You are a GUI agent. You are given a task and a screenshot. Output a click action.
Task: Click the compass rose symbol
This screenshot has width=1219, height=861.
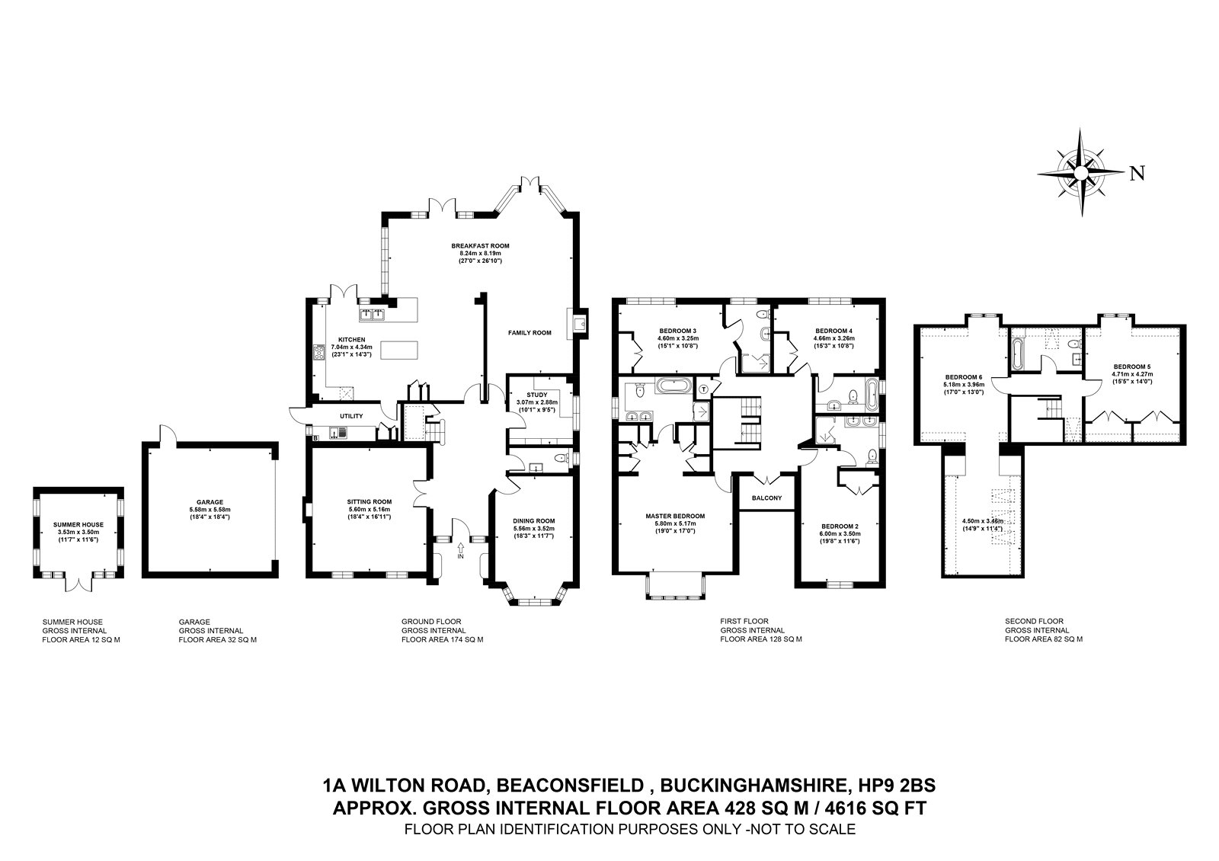[x=1081, y=173]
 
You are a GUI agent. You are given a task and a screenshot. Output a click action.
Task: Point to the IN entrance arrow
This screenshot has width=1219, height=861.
[x=460, y=549]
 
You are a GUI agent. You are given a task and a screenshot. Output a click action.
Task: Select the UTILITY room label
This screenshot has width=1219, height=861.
[x=351, y=416]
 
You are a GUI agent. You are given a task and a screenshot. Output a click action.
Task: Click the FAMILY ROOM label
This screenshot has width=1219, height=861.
[x=530, y=333]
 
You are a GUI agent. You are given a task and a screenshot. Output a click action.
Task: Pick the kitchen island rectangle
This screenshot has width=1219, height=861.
[x=399, y=350]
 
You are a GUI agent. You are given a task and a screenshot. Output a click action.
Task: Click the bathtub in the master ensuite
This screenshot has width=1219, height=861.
[x=673, y=386]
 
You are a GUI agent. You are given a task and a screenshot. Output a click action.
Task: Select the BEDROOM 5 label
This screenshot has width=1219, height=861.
[x=1131, y=366]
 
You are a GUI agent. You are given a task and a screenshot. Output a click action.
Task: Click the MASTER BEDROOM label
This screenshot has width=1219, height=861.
[x=674, y=516]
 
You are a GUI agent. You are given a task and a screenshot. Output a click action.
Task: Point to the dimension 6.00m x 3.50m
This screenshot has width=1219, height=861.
[x=840, y=534]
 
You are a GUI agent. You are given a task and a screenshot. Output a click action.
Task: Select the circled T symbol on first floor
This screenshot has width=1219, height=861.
[x=703, y=389]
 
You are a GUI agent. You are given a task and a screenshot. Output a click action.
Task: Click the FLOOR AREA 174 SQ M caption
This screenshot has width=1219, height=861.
[x=442, y=640]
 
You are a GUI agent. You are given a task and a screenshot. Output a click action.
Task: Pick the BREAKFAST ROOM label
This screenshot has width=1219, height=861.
[x=479, y=246]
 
